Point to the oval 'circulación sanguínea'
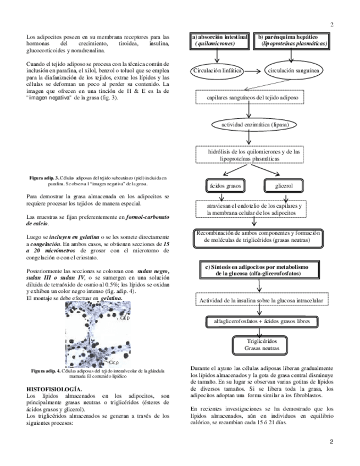[291, 71]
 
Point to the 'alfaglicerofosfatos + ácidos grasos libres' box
[256, 321]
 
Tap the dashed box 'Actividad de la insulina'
[256, 301]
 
